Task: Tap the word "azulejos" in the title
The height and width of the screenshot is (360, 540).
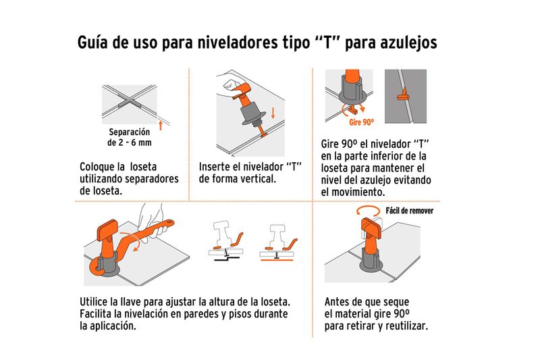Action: tap(408, 43)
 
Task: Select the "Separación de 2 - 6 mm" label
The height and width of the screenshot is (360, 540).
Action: tap(130, 137)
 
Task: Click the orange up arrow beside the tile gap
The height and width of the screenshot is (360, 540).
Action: tap(161, 125)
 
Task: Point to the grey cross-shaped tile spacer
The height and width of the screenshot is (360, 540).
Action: tap(130, 102)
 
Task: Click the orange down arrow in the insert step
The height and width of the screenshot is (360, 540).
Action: tap(273, 113)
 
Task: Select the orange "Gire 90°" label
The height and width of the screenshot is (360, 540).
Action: tap(361, 122)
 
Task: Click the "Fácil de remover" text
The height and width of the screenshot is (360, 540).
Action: tap(409, 211)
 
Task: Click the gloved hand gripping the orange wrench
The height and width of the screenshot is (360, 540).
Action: tap(151, 220)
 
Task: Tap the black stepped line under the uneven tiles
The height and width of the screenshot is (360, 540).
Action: tap(227, 258)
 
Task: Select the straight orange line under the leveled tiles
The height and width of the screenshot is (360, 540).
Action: tap(277, 260)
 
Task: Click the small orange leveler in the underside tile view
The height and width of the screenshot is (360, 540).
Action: tap(403, 95)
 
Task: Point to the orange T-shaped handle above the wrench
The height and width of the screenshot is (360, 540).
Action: tap(108, 231)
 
